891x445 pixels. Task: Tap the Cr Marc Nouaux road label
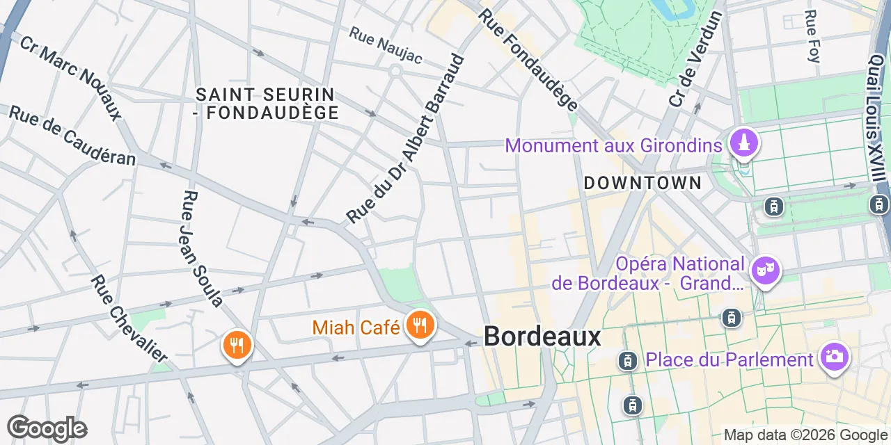tap(70, 78)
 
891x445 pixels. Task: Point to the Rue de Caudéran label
tap(72, 136)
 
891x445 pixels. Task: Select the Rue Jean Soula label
tap(201, 248)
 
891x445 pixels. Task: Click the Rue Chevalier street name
tap(130, 318)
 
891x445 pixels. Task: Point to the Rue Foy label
tap(812, 36)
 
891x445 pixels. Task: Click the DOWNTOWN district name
tap(642, 184)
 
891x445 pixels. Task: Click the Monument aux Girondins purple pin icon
tap(743, 143)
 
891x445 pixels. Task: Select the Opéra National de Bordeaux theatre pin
tap(765, 269)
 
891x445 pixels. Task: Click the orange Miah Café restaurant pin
tap(419, 324)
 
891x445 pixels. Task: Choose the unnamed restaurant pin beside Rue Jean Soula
tap(237, 343)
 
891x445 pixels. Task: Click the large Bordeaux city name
tap(542, 337)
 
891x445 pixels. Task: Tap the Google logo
tap(47, 429)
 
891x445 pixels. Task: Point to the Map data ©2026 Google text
tap(805, 435)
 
